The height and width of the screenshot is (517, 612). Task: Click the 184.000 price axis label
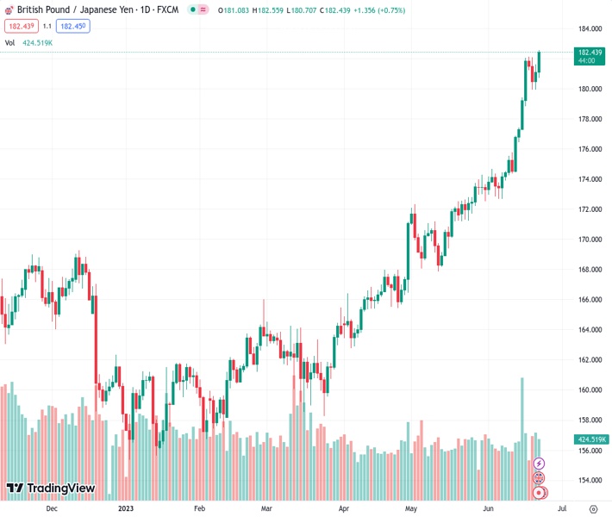tap(590, 28)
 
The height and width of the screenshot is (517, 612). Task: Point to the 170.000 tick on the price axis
tap(590, 240)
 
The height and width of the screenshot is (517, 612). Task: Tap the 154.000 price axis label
tap(590, 481)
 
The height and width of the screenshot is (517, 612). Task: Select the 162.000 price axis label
tap(590, 360)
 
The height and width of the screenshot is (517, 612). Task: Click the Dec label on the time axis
tap(52, 508)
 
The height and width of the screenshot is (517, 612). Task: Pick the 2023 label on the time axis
tap(126, 508)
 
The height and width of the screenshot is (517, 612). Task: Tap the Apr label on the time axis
tap(343, 508)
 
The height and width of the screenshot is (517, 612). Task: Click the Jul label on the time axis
tap(562, 508)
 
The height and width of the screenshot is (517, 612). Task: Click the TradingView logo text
tap(60, 489)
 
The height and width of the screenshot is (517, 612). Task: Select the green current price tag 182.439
tap(590, 53)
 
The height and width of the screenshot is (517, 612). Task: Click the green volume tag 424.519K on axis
tap(590, 439)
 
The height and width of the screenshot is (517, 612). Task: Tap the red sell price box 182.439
tap(20, 26)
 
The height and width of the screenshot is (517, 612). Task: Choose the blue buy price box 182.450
tap(72, 26)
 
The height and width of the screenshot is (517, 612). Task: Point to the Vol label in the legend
tap(9, 42)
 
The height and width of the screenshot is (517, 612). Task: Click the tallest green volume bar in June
tap(522, 405)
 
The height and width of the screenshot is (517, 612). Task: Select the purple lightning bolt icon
tap(540, 464)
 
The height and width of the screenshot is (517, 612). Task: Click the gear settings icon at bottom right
tap(593, 508)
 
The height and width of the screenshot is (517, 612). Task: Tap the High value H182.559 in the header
tap(266, 10)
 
